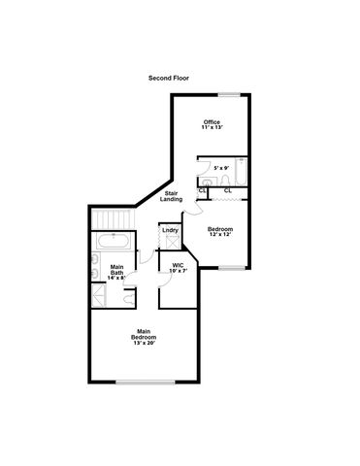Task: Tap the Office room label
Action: coord(212,121)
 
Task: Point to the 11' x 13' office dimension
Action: coord(212,127)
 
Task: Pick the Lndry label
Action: coord(169,230)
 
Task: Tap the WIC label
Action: coord(178,264)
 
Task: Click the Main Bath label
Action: coord(116,270)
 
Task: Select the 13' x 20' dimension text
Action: coord(145,342)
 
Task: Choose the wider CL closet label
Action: coord(228,190)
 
